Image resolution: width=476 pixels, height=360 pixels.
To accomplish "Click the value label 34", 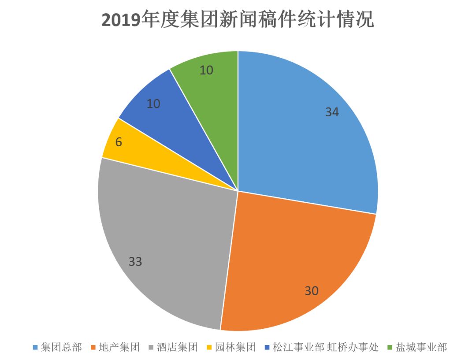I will (332, 112).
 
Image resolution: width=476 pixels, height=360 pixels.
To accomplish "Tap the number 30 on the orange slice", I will (312, 291).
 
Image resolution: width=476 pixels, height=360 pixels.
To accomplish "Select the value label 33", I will (135, 262).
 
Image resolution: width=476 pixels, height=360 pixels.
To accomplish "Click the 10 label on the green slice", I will (206, 70).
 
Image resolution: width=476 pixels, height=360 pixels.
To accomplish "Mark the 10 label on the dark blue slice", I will (153, 104).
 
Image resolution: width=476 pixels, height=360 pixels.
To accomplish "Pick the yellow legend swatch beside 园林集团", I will (209, 348).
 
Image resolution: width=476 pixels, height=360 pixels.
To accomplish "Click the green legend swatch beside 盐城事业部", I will (390, 348).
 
